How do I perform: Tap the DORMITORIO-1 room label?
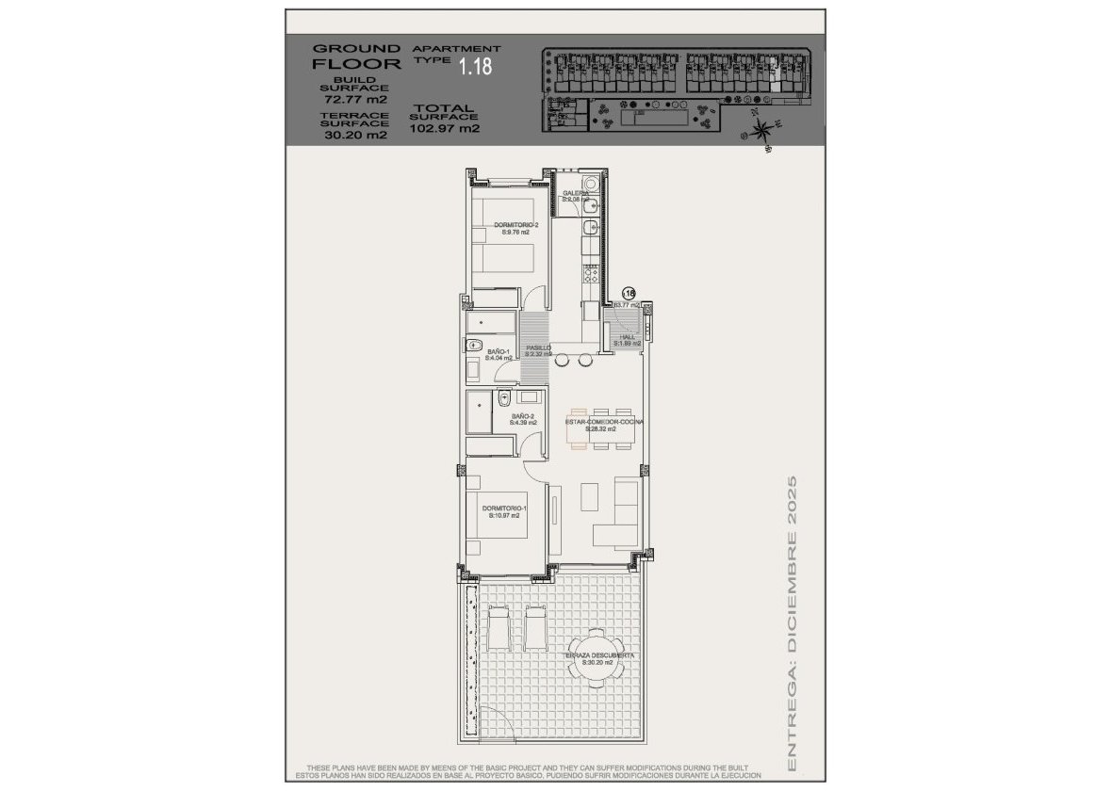504,511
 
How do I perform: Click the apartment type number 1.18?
474,67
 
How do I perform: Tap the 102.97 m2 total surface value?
446,129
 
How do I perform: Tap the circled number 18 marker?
630,293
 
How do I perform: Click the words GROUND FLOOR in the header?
344,56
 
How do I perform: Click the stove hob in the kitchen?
591,274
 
